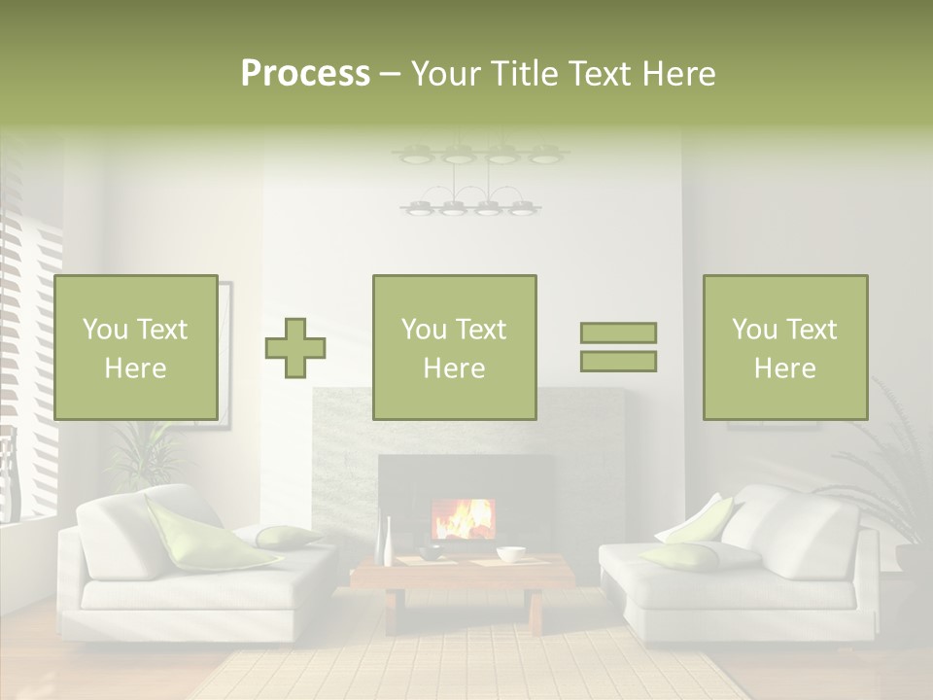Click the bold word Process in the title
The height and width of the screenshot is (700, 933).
coord(305,74)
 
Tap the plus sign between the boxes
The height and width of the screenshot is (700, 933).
coord(295,347)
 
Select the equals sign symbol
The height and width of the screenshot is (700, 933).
coord(618,347)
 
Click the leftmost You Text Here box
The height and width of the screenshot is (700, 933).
coord(135,347)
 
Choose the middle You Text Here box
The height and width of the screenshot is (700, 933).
coord(454,347)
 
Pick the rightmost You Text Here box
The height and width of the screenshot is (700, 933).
coord(784,347)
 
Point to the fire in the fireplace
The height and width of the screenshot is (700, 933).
coord(464,519)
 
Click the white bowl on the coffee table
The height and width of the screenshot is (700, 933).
coord(510,554)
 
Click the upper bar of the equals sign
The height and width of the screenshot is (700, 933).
coord(618,332)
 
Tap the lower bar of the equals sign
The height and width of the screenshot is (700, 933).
coord(618,362)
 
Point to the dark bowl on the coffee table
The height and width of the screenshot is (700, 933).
coord(430,552)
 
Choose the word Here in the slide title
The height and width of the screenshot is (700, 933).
coord(679,74)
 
